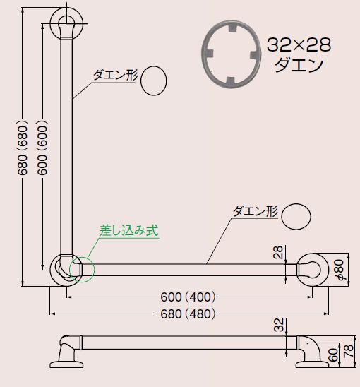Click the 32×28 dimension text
click(x=299, y=44)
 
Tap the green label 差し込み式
click(x=128, y=230)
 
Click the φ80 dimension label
click(x=340, y=270)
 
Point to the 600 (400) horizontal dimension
click(x=188, y=297)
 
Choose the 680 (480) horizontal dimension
click(x=188, y=314)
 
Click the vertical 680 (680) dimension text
click(x=23, y=148)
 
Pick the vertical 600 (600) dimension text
click(x=42, y=148)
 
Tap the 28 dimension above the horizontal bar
click(x=278, y=252)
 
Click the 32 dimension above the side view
click(x=279, y=325)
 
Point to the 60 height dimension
click(x=333, y=355)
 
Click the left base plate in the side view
click(x=66, y=365)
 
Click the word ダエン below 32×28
click(x=299, y=65)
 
